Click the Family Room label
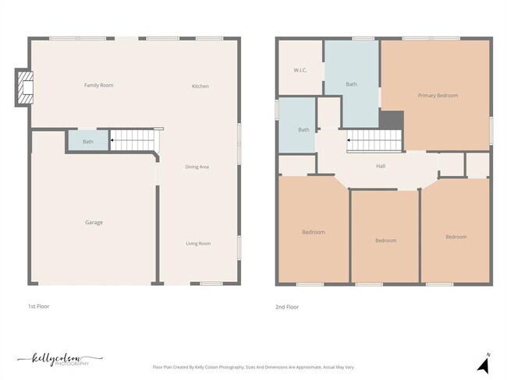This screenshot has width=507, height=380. pos(99,85)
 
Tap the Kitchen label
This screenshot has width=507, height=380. pos(200,86)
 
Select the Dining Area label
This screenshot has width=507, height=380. pos(197,167)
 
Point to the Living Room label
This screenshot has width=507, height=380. pos(198,244)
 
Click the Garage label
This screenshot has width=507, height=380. pos(94,223)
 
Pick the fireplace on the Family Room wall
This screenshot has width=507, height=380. pos(25,87)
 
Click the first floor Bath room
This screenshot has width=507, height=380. pos(87,142)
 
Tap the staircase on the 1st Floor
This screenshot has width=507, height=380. pos(133,141)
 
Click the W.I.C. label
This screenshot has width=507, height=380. pos(300,70)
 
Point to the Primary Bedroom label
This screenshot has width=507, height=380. pos(438,96)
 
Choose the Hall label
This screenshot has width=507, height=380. pos(381,166)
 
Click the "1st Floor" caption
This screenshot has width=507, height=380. pos(38,307)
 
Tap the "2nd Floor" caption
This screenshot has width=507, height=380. pos(287,307)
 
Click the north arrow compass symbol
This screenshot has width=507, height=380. pos(484,362)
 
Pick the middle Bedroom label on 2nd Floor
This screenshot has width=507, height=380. pos(385,241)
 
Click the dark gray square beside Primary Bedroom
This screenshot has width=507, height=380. pos(392,121)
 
